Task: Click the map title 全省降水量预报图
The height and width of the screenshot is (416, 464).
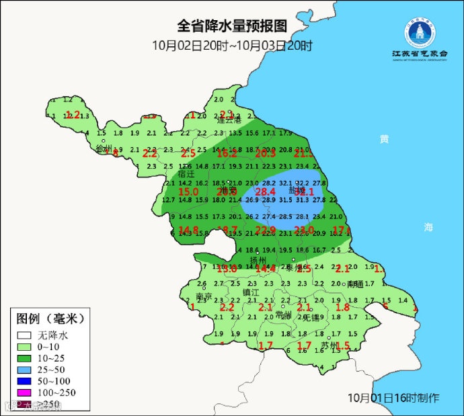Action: click(232, 27)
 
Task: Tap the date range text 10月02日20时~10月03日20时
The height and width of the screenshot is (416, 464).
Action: click(232, 46)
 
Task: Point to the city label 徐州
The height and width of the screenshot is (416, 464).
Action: click(104, 149)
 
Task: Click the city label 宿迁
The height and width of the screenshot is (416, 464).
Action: click(176, 173)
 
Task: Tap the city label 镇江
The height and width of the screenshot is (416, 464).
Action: click(251, 292)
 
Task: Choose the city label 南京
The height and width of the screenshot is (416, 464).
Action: click(204, 296)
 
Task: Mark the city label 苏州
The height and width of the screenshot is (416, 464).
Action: click(330, 345)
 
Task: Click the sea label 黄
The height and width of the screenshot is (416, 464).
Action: click(384, 139)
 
